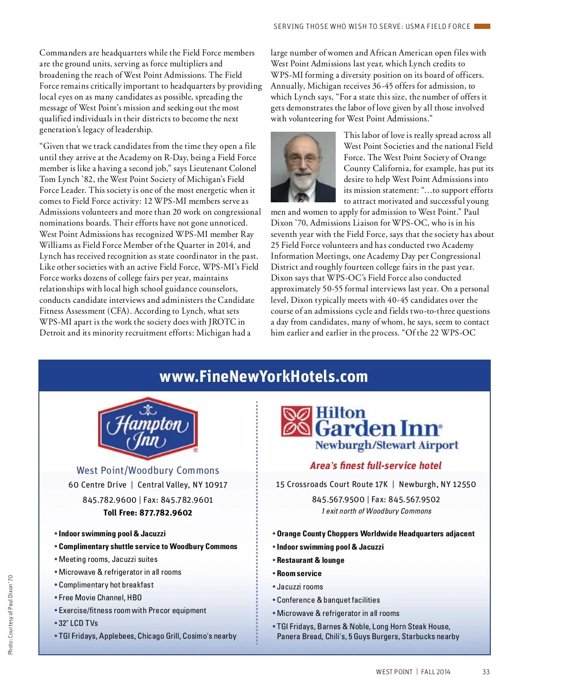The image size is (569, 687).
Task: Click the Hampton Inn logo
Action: (147, 428)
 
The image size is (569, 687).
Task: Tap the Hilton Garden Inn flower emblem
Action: (296, 421)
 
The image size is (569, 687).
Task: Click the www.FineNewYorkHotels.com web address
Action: (264, 376)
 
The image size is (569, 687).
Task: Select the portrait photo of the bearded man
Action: (303, 167)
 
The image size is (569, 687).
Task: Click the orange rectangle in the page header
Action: (482, 27)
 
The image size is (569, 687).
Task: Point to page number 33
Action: (486, 672)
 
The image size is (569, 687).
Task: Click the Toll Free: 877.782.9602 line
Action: (147, 513)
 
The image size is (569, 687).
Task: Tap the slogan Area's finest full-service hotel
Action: (376, 466)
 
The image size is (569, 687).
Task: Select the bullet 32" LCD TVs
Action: (78, 623)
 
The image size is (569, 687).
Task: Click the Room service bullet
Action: (299, 573)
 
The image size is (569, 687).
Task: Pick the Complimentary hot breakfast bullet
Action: (106, 585)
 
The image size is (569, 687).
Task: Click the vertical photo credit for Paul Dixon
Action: (10, 615)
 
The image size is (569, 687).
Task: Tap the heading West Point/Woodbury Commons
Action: (147, 470)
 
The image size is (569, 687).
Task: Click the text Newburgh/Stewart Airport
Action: (386, 445)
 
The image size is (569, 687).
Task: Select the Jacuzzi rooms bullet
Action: (300, 587)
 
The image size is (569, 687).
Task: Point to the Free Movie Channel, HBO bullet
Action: (100, 597)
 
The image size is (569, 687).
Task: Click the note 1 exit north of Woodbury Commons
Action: (376, 511)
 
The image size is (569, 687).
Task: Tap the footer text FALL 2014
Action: (435, 672)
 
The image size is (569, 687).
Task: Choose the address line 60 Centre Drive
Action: (97, 485)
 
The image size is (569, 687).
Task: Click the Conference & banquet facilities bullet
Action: (328, 600)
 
